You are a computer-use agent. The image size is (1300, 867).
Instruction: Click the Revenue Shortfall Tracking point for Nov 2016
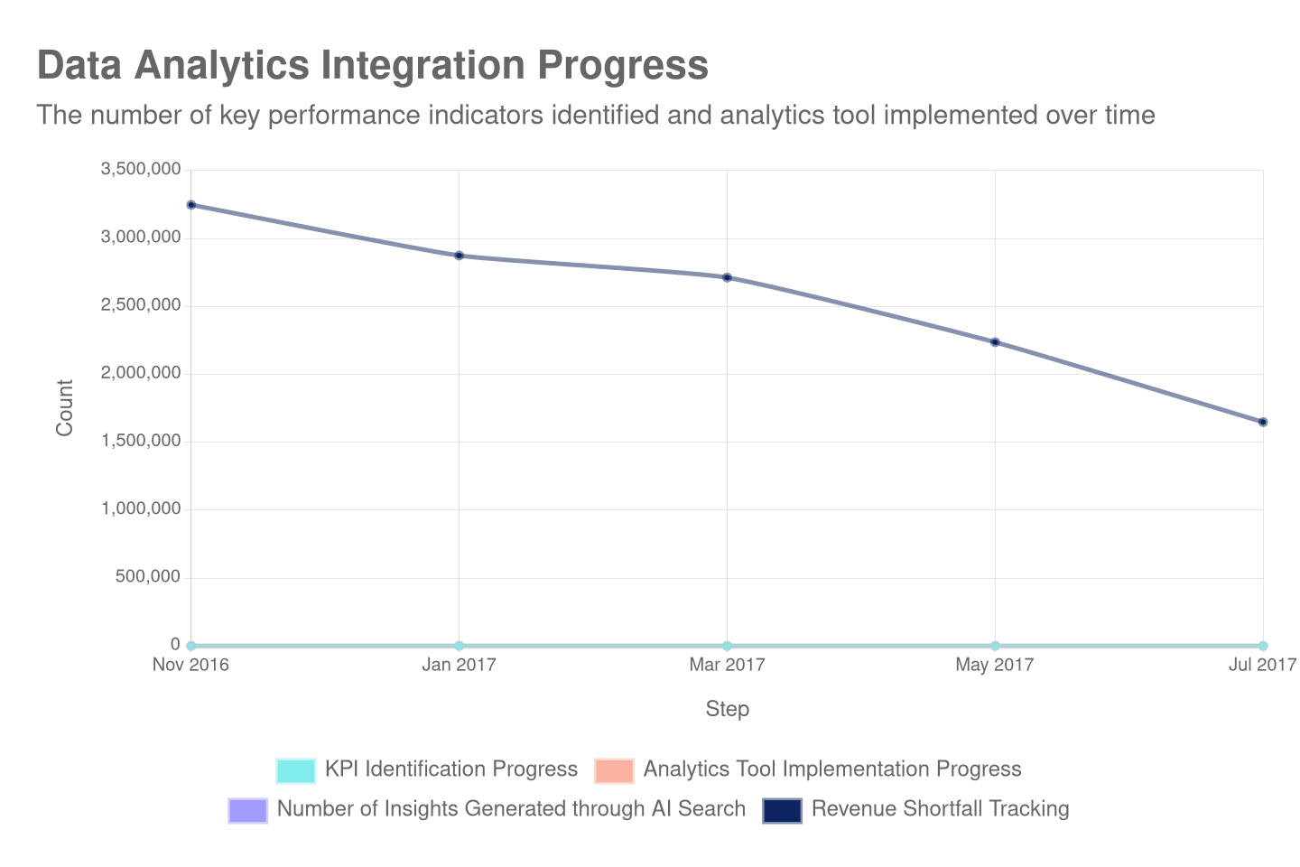(x=191, y=205)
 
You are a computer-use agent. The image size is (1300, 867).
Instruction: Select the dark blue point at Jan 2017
(x=460, y=256)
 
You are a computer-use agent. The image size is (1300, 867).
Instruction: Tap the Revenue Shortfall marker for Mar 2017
(x=727, y=277)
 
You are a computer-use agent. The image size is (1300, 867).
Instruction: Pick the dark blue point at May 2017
(x=995, y=342)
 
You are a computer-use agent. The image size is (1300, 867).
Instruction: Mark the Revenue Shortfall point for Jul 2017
(x=1263, y=422)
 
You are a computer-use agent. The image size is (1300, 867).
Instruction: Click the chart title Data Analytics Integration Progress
(x=372, y=66)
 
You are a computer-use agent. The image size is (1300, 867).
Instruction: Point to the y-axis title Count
(x=64, y=407)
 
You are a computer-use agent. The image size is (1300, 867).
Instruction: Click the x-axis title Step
(x=727, y=709)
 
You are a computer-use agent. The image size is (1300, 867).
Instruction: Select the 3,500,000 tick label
(x=141, y=169)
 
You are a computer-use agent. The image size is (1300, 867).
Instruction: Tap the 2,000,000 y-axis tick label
(x=141, y=372)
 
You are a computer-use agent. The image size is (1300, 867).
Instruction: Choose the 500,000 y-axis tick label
(x=147, y=576)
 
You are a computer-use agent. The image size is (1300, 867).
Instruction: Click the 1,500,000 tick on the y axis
(x=141, y=440)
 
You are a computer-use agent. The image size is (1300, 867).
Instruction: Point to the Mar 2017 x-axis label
(x=727, y=666)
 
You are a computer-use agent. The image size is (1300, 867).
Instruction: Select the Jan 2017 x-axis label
(x=460, y=666)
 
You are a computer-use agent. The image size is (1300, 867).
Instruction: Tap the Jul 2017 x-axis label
(x=1262, y=666)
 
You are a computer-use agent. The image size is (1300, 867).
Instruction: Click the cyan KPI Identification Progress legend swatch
(x=296, y=770)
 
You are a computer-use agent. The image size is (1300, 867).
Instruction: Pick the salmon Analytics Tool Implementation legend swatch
(x=614, y=770)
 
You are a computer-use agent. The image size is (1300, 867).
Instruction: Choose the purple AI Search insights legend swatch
(x=248, y=810)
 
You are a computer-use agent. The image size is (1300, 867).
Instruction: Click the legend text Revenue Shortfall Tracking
(x=940, y=809)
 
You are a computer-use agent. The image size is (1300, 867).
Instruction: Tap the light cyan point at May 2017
(x=995, y=646)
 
